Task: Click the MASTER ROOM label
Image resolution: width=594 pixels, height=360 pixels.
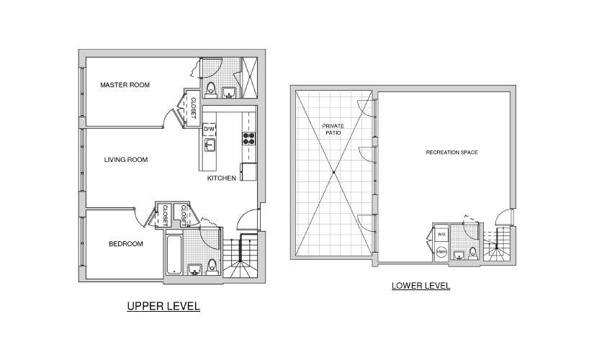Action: [125, 85]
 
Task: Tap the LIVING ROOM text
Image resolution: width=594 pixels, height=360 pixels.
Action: [126, 160]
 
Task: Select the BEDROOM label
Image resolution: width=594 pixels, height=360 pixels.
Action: [126, 244]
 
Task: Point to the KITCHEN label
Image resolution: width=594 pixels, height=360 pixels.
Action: [222, 178]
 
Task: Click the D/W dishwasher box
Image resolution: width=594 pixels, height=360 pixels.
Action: [209, 129]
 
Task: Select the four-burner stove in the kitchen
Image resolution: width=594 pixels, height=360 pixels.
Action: [248, 139]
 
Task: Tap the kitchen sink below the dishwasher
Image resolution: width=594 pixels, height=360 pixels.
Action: [210, 145]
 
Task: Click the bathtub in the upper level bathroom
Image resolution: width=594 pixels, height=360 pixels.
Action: [174, 255]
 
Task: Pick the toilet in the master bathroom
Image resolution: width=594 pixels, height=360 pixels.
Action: [211, 89]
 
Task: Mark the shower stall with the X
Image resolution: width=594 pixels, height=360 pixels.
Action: [250, 78]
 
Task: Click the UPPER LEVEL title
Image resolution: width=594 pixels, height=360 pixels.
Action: [163, 306]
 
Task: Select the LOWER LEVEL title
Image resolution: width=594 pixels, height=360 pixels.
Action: [421, 286]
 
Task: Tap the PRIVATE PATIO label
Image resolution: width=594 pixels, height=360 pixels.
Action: [333, 129]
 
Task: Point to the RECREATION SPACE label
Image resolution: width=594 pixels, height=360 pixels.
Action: [452, 153]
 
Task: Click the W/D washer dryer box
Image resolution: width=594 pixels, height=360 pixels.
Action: [441, 235]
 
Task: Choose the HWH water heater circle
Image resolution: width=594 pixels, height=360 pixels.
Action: [441, 251]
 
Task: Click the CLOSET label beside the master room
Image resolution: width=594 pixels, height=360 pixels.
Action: [193, 108]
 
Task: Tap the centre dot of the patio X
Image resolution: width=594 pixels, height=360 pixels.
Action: [334, 172]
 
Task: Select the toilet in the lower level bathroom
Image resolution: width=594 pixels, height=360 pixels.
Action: [473, 253]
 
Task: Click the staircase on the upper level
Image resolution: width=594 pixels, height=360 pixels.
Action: [240, 257]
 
